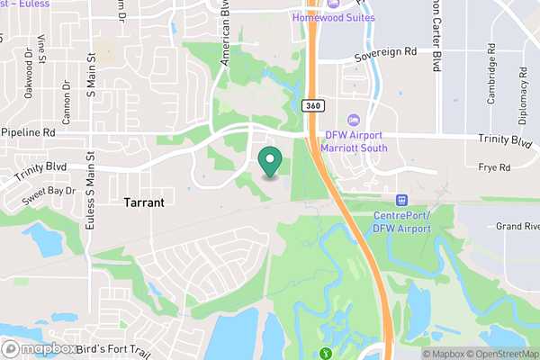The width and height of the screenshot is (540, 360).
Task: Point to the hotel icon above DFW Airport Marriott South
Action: [354, 121]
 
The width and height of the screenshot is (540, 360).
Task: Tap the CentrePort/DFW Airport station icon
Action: [401, 199]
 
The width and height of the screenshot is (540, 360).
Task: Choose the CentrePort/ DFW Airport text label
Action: [401, 222]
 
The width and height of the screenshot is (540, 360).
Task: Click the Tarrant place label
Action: [144, 203]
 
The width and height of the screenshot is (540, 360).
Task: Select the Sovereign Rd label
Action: [385, 53]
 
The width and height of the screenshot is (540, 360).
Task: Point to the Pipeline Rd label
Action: [31, 131]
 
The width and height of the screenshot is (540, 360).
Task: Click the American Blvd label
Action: [226, 36]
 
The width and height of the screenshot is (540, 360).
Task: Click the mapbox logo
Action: [37, 348]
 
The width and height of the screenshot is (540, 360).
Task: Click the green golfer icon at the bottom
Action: [325, 353]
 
